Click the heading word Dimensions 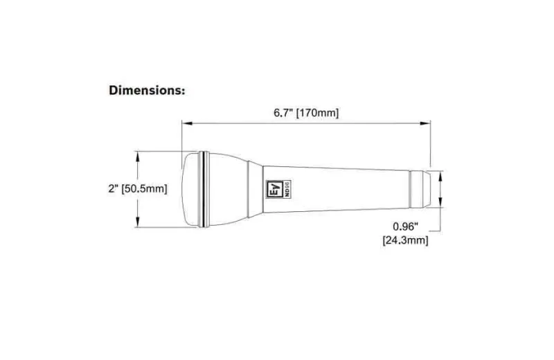145,90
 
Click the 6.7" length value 283,113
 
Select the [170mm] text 317,113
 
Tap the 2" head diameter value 114,188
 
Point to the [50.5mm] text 144,189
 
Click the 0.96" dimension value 405,226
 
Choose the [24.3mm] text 405,241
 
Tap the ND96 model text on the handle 287,189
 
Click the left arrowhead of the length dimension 187,123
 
